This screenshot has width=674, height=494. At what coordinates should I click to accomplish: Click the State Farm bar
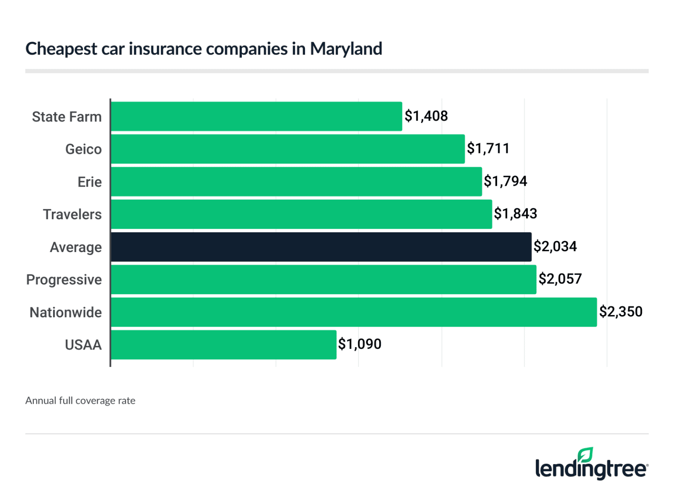(x=256, y=117)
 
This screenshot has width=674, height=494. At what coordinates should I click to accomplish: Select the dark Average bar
(x=321, y=247)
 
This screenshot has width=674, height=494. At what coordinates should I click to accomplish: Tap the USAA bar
(x=223, y=345)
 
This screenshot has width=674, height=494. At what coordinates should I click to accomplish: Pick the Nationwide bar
(x=354, y=313)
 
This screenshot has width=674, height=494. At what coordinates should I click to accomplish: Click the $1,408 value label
(x=426, y=116)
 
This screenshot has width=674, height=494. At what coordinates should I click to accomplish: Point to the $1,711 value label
(x=488, y=149)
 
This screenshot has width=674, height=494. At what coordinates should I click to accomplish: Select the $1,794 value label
(x=505, y=181)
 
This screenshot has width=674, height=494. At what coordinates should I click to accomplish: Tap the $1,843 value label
(x=516, y=214)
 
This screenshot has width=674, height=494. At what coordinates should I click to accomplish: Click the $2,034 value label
(x=555, y=247)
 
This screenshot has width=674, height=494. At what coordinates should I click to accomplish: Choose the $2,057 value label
(x=560, y=279)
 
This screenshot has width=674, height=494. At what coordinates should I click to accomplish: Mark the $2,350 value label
(x=621, y=312)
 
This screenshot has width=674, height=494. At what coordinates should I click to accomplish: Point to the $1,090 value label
(x=360, y=344)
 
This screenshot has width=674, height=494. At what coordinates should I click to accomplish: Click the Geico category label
(x=83, y=149)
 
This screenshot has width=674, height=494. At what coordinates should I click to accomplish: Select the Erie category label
(x=90, y=182)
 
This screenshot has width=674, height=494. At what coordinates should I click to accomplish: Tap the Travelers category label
(x=72, y=215)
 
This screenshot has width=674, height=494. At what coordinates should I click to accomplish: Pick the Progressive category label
(x=64, y=280)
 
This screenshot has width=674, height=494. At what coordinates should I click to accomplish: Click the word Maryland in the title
(x=346, y=49)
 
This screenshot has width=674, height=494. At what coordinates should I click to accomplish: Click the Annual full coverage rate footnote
(x=80, y=401)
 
